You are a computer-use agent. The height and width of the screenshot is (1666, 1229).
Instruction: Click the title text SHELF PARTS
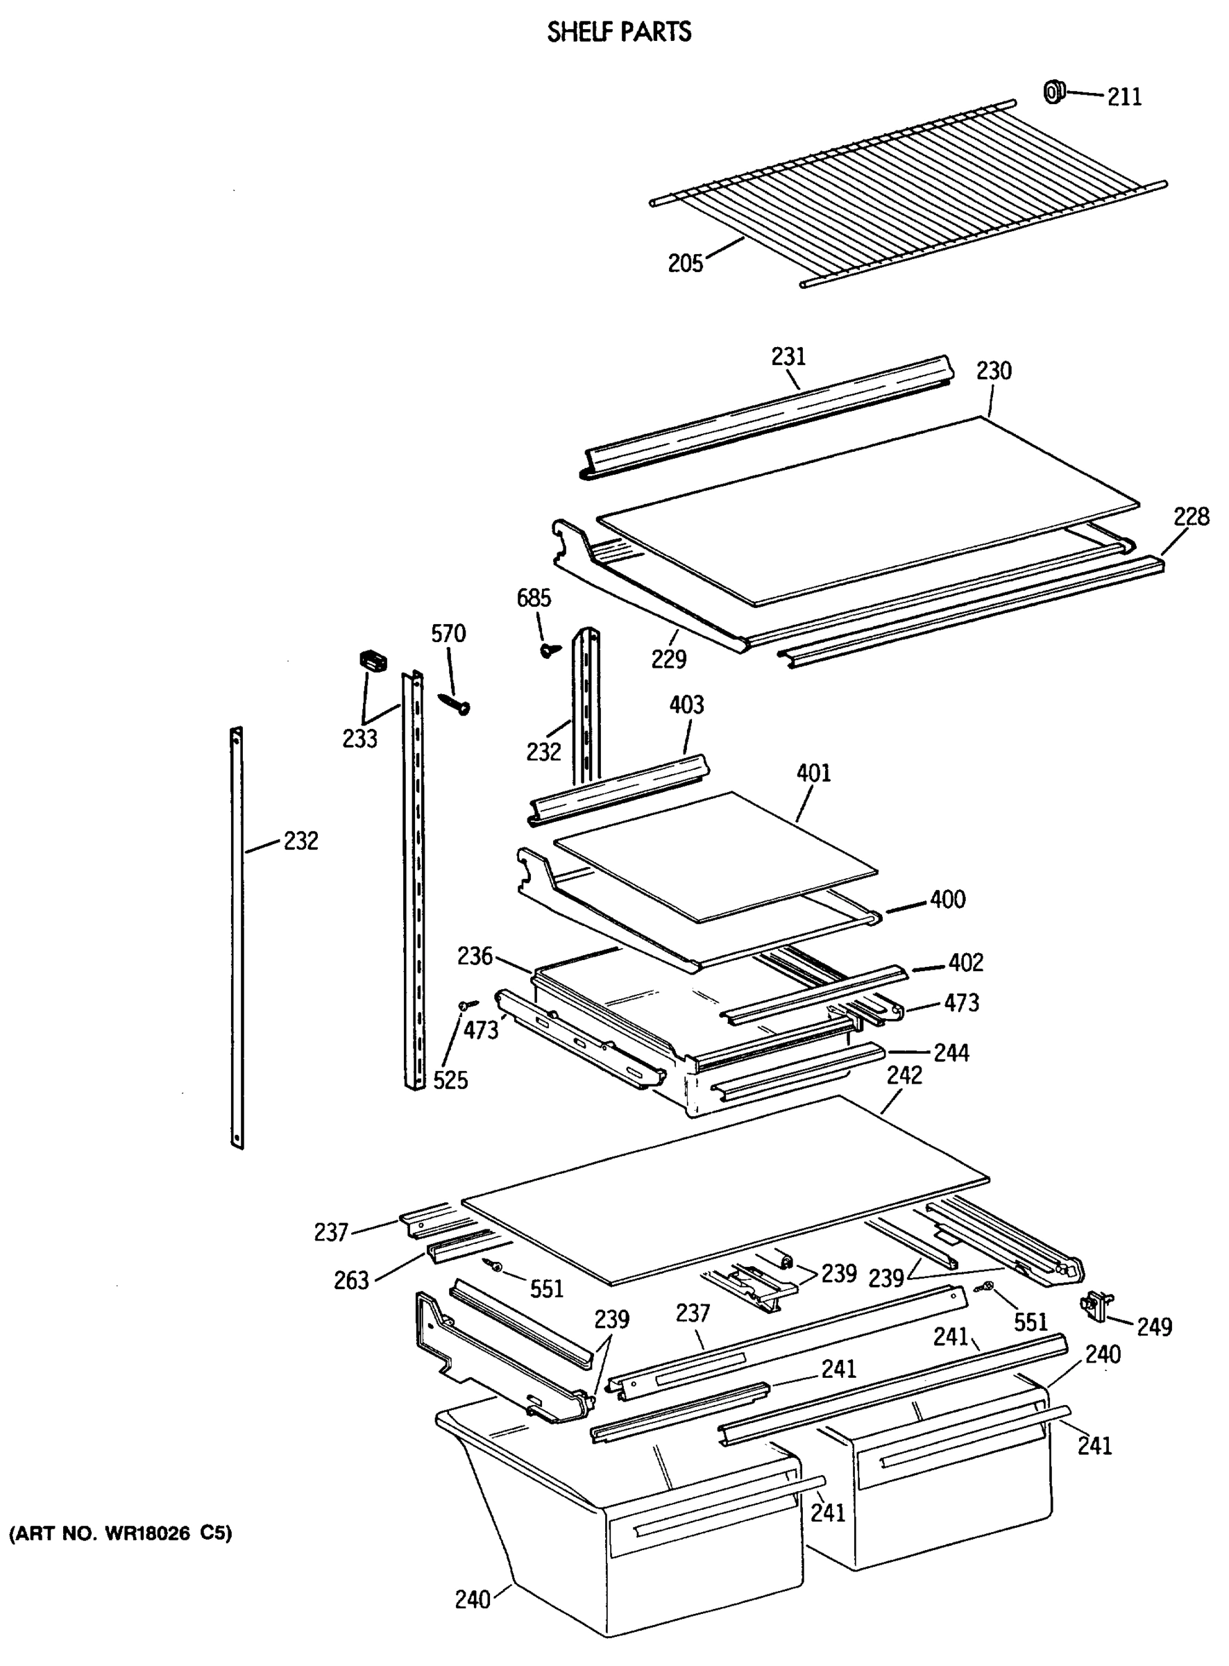[619, 32]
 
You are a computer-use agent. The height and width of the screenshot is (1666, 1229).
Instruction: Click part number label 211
[1124, 96]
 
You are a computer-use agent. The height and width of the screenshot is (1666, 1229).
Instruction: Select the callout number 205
[684, 263]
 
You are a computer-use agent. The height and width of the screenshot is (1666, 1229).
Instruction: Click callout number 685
[534, 598]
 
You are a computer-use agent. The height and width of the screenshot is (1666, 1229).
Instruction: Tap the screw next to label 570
[454, 703]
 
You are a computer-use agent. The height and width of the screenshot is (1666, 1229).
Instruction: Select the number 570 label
[448, 633]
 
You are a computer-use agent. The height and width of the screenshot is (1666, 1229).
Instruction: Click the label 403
[686, 705]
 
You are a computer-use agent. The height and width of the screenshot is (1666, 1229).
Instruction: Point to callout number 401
[813, 773]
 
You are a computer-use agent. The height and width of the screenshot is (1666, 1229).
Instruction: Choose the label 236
[475, 955]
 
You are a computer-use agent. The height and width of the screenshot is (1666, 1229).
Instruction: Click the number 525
[450, 1079]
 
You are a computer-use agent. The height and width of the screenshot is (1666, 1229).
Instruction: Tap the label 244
[951, 1053]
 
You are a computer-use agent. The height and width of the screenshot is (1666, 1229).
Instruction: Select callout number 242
[904, 1075]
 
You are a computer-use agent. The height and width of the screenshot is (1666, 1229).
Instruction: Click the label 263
[351, 1280]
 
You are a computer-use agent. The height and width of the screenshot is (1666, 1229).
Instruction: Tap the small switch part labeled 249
[1095, 1306]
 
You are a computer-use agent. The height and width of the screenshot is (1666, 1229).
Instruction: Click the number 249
[1154, 1327]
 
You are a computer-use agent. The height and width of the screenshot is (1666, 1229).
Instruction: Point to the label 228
[1191, 516]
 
